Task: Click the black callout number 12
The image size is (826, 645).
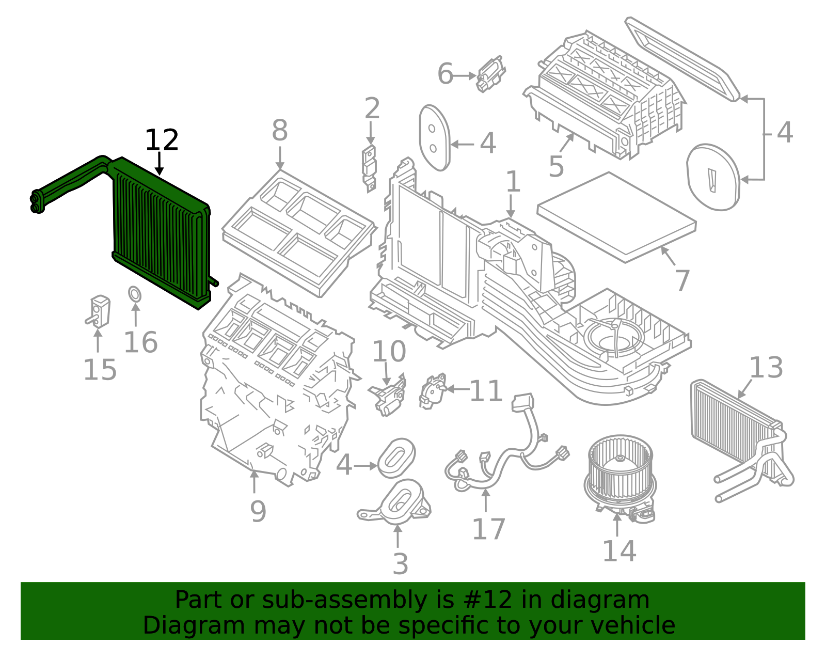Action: [162, 140]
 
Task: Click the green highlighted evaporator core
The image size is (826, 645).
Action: [160, 232]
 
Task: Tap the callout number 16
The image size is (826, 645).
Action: [140, 343]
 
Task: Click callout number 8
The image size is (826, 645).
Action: [279, 131]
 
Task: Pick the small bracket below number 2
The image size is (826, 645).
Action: [370, 167]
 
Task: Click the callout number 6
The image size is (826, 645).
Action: [445, 74]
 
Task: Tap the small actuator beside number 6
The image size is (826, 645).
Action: [490, 74]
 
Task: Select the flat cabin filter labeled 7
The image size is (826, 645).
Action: [617, 217]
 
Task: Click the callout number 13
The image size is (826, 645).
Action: [766, 368]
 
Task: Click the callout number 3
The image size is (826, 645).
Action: [400, 564]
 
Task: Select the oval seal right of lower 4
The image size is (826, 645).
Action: [396, 458]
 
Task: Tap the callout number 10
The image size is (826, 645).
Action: [389, 352]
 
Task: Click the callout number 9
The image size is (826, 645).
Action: [258, 511]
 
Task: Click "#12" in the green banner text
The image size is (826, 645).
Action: [487, 600]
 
